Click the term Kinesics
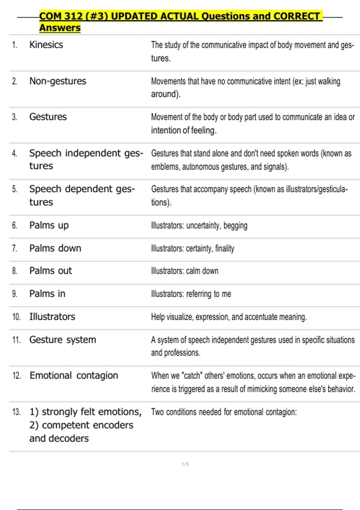[x=46, y=45]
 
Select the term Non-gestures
[x=58, y=81]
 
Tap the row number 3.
[x=14, y=117]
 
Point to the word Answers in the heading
[x=60, y=28]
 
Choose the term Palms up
[x=49, y=225]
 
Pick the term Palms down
[x=55, y=248]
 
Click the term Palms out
[x=51, y=271]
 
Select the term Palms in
[x=47, y=294]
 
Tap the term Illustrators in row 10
[x=52, y=317]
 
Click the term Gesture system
[x=63, y=340]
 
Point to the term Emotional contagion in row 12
[x=74, y=376]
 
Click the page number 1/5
[x=185, y=464]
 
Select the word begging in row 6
[x=235, y=226]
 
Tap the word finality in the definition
[x=225, y=248]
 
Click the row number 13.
[x=16, y=412]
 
